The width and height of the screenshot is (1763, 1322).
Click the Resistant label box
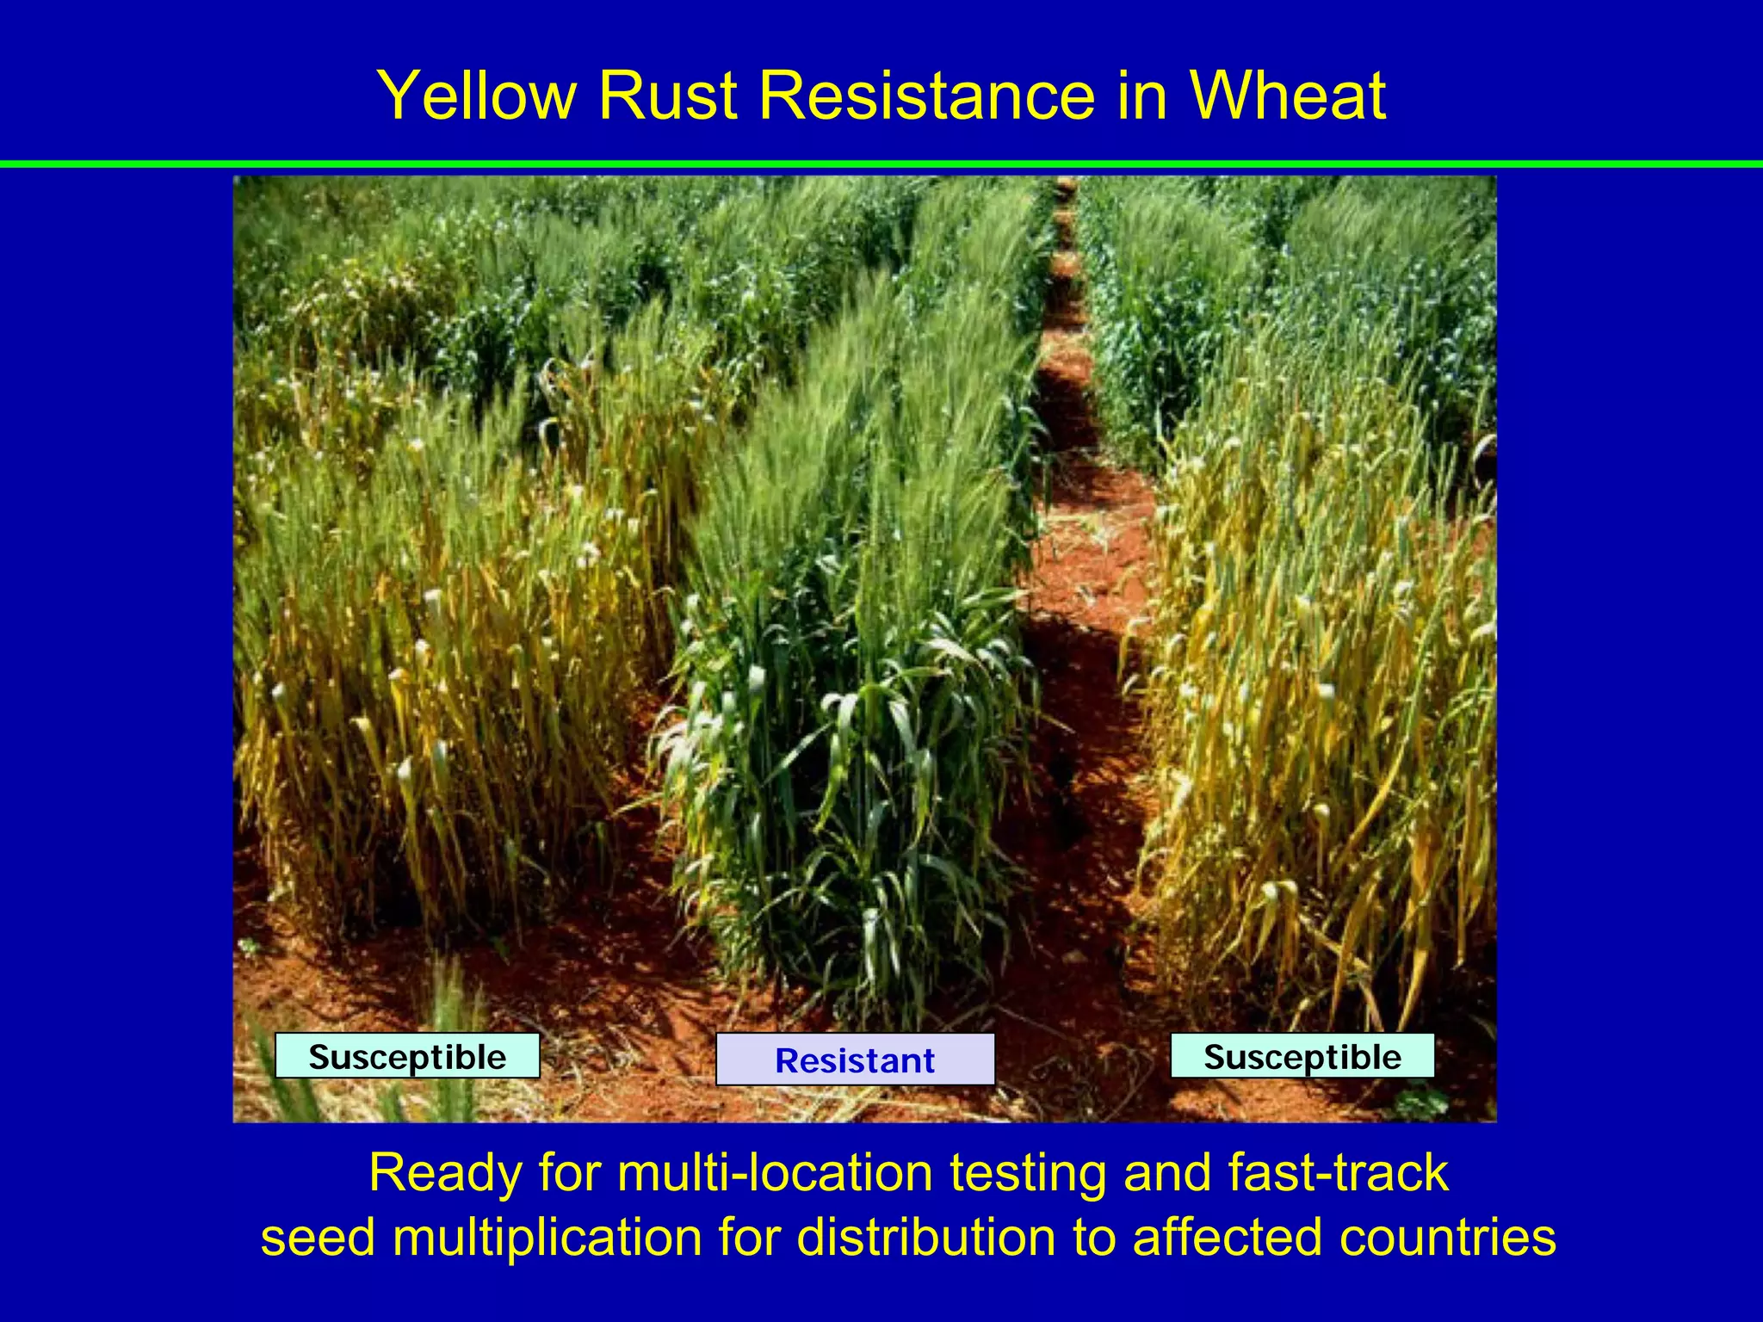[x=855, y=1059]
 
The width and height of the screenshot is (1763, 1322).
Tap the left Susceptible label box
[x=407, y=1056]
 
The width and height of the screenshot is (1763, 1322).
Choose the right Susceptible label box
[x=1302, y=1056]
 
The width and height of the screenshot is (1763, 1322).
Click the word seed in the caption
[x=318, y=1238]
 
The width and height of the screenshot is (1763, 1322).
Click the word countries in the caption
[x=1447, y=1238]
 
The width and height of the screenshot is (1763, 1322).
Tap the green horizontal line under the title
[x=881, y=164]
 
